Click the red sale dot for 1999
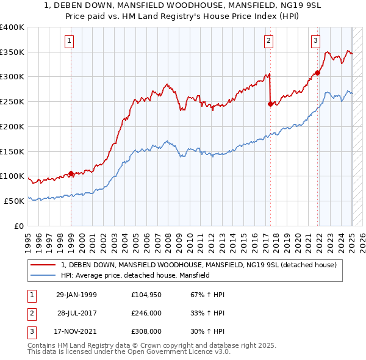coord(71,173)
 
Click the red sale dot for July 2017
coord(270,104)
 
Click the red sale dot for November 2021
coord(317,73)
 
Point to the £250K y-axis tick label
coord(12,102)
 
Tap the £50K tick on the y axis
coord(14,201)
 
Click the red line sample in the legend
coord(44,264)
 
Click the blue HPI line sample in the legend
coord(44,275)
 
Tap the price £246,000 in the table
coord(146,313)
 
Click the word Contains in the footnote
coord(41,345)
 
